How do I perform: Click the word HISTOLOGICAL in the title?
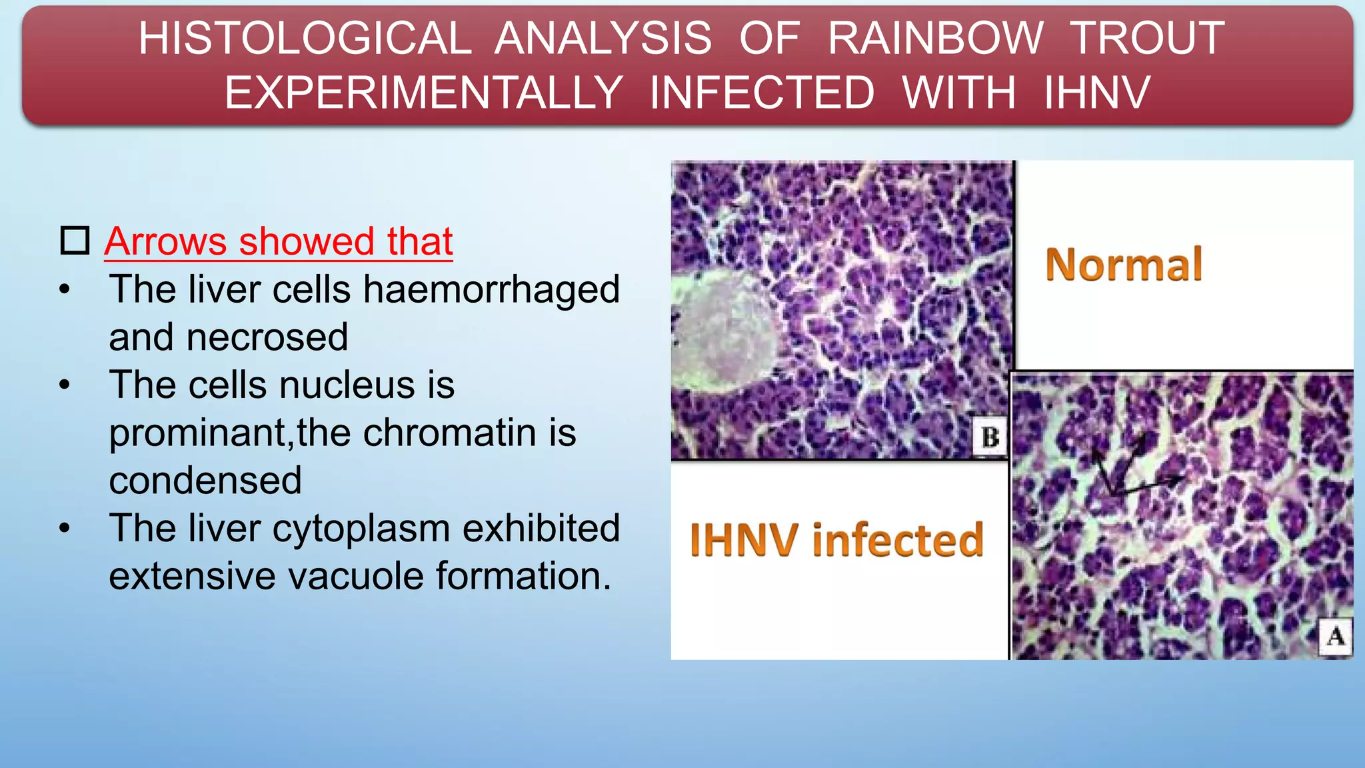coord(305,38)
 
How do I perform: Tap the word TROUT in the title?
coord(1147,38)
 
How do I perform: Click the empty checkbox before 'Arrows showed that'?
coord(75,241)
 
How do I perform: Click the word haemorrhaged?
coord(491,290)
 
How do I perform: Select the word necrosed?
coord(267,337)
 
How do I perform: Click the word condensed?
coord(205,481)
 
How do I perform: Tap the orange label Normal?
coord(1124,265)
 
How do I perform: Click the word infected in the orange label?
coord(898,539)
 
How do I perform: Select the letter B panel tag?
coord(990,437)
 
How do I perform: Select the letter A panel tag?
coord(1335,636)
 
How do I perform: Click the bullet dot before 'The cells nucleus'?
coord(65,385)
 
